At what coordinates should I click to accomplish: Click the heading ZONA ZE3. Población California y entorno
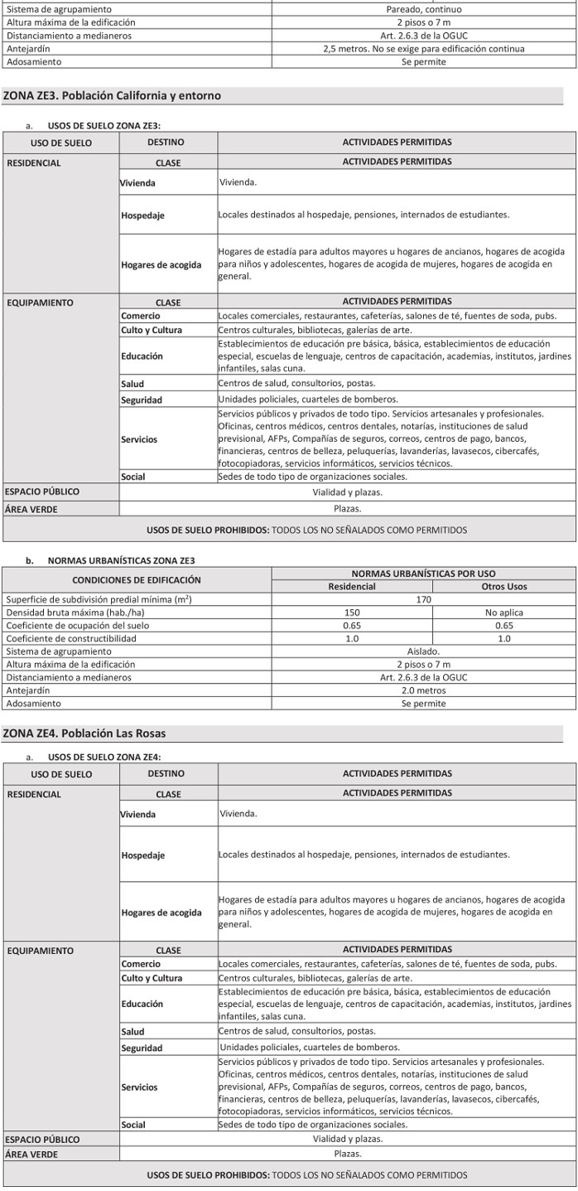(112, 96)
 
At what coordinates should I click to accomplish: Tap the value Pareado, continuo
(423, 9)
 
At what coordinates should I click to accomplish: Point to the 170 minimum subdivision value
(423, 599)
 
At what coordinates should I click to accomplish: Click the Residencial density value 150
(352, 612)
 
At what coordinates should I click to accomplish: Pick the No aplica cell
(503, 612)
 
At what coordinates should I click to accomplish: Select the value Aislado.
(423, 651)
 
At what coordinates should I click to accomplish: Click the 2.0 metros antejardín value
(423, 690)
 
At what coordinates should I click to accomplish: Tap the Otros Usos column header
(503, 587)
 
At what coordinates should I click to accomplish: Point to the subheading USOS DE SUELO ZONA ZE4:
(104, 757)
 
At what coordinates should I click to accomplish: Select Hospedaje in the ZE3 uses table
(142, 215)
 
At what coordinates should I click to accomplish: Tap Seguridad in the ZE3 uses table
(142, 400)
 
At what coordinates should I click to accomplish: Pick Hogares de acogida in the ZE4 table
(161, 913)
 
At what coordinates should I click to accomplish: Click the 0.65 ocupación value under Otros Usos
(503, 626)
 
